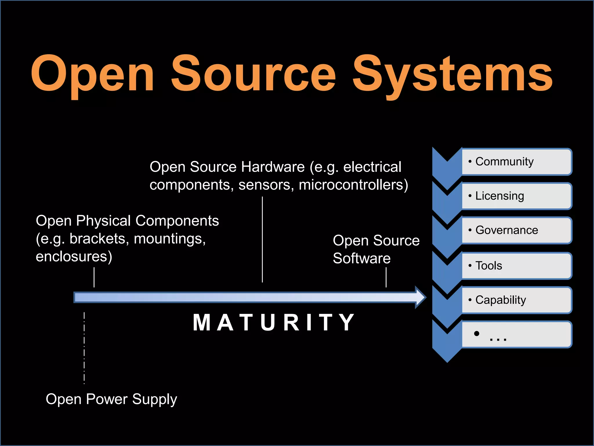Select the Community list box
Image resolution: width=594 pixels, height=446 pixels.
[x=516, y=162]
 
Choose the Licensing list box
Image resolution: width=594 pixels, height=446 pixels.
[x=516, y=196]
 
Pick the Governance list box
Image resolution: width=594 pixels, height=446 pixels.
[x=516, y=230]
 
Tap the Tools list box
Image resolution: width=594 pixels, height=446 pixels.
[x=516, y=266]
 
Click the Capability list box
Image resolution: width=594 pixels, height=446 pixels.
[x=516, y=300]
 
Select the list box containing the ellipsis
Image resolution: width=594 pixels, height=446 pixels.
[x=516, y=334]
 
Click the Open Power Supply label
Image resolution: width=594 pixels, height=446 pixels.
[x=111, y=399]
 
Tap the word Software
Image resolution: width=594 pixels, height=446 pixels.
[x=362, y=258]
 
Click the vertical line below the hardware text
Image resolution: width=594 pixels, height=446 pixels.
[x=262, y=240]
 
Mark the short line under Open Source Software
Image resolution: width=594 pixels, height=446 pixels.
[x=386, y=277]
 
